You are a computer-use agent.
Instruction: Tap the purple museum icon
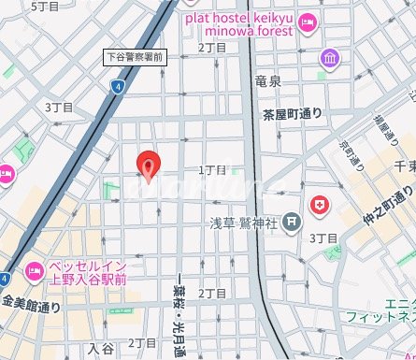328,59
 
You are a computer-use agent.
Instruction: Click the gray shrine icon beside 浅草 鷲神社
293,223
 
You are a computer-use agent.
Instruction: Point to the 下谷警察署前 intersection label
136,58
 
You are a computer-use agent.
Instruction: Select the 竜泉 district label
267,82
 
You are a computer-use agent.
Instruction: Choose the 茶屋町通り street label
292,114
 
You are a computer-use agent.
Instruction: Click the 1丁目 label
212,170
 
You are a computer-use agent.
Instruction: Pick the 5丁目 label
45,7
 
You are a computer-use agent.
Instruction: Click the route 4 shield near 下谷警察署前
117,86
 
